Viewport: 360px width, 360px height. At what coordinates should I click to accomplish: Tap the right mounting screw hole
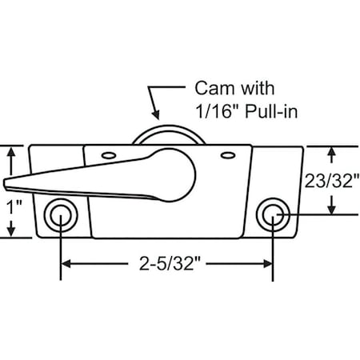273,214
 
